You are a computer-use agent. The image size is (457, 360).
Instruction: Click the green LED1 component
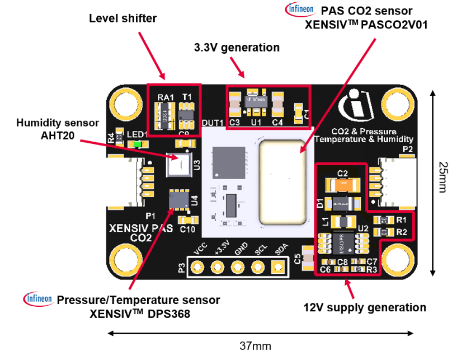click(x=136, y=144)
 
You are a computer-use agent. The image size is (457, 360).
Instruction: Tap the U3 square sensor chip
click(x=180, y=164)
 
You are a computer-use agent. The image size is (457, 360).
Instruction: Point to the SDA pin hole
click(x=277, y=268)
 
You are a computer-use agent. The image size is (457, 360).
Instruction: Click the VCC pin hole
click(x=197, y=268)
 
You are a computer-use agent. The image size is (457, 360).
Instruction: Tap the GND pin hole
click(x=237, y=268)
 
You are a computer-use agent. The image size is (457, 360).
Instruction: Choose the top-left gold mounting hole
click(x=124, y=103)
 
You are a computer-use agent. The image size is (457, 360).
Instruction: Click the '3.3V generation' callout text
click(x=237, y=48)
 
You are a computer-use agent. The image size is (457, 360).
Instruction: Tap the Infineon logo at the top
click(x=301, y=9)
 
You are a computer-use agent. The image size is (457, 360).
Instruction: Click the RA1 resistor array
click(x=165, y=116)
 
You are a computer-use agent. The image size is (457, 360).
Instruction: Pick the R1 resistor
click(x=384, y=220)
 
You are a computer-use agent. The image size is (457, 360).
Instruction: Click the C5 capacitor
click(x=306, y=258)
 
